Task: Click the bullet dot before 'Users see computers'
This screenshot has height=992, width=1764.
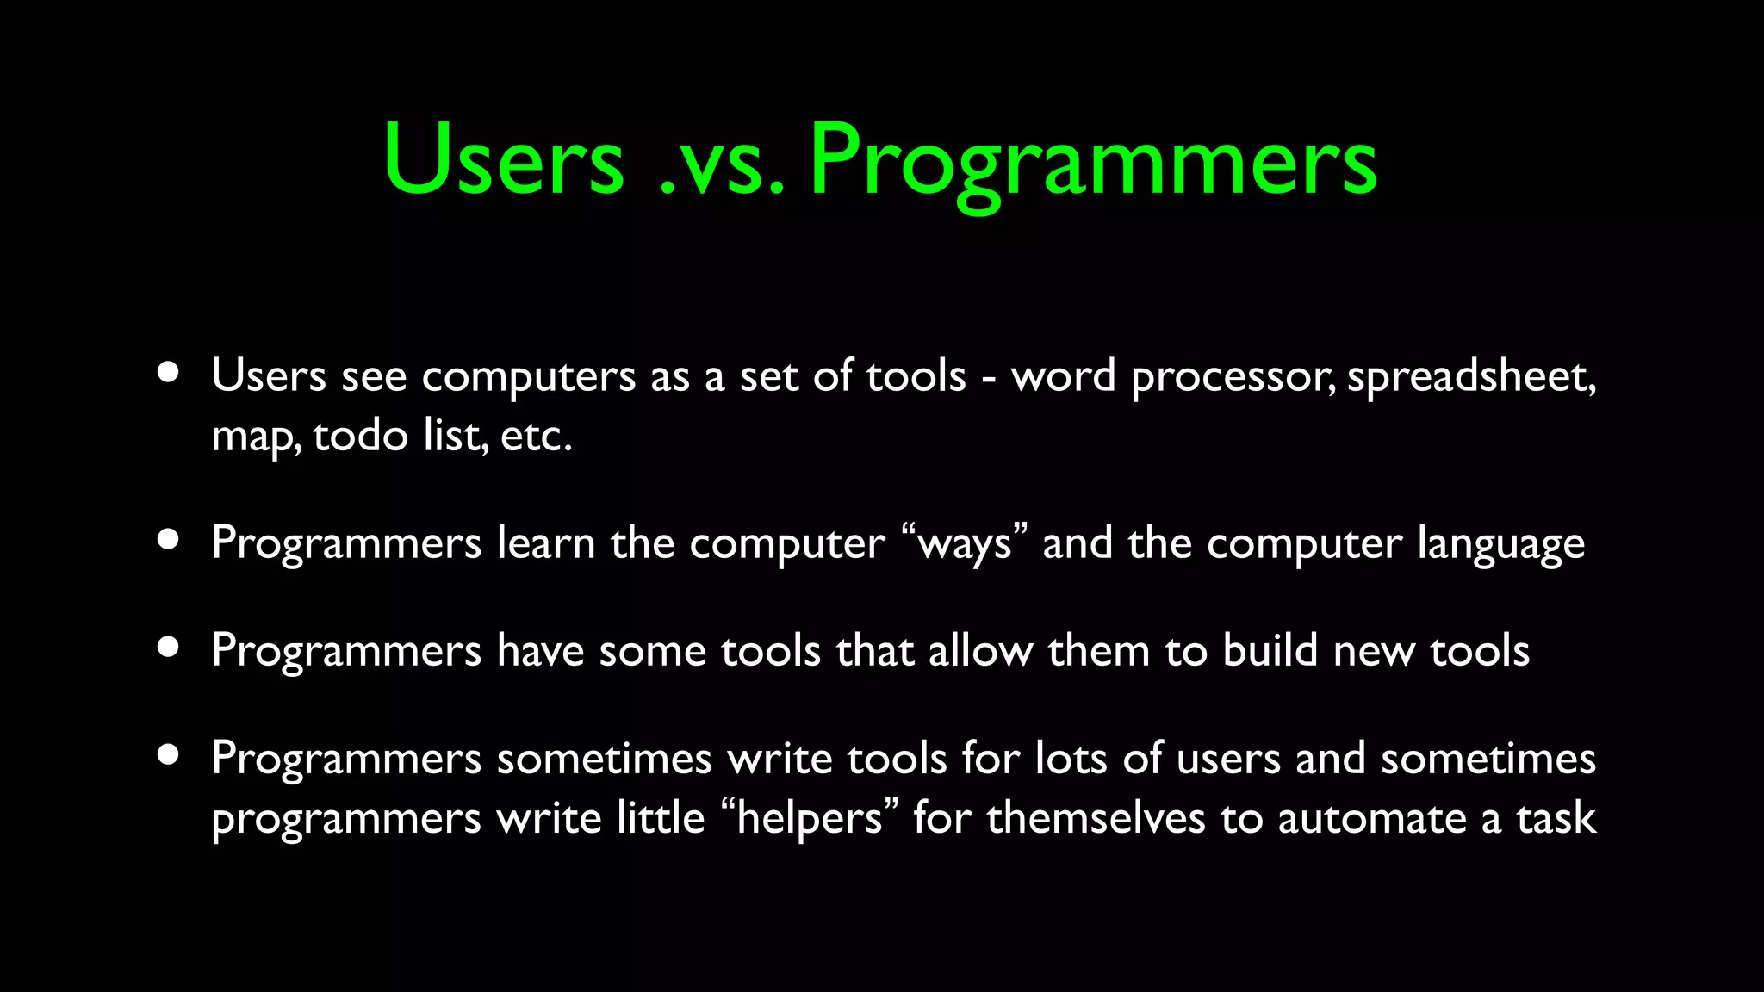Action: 169,373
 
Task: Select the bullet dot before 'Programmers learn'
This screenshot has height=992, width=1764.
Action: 169,540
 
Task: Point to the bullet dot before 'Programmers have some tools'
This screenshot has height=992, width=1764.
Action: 169,648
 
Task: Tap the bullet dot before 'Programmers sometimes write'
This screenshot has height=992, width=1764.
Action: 169,755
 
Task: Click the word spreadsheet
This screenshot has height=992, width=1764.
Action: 1470,377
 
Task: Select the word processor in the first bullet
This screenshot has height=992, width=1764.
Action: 1232,377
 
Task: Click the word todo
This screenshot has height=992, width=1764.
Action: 360,436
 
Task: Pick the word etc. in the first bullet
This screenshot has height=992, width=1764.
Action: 536,436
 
